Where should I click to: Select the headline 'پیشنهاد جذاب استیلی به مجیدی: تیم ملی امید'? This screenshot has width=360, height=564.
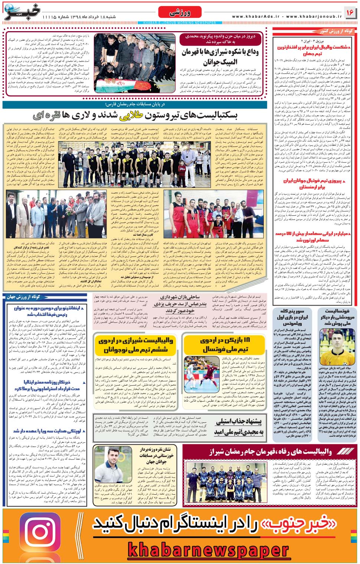pos(240,426)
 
